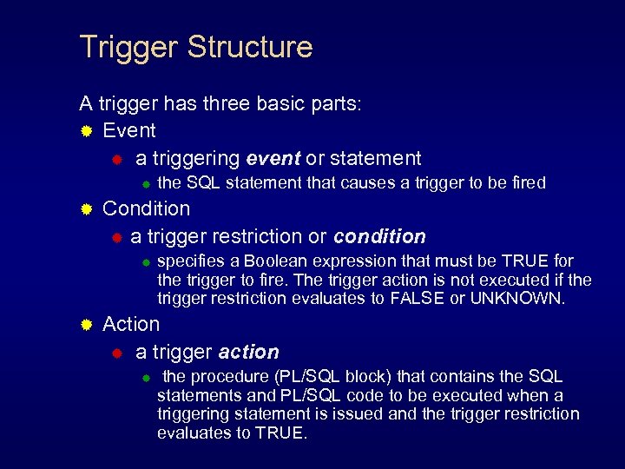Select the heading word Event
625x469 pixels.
[x=129, y=130]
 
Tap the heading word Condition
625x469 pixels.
[x=146, y=208]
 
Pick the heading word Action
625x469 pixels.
[x=131, y=324]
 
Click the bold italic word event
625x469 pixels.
[x=273, y=158]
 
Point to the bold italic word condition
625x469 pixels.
[x=379, y=236]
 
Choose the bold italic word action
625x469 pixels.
[x=248, y=352]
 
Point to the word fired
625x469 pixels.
[x=524, y=183]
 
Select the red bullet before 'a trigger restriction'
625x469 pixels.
[x=116, y=237]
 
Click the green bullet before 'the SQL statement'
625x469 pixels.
[x=147, y=183]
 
